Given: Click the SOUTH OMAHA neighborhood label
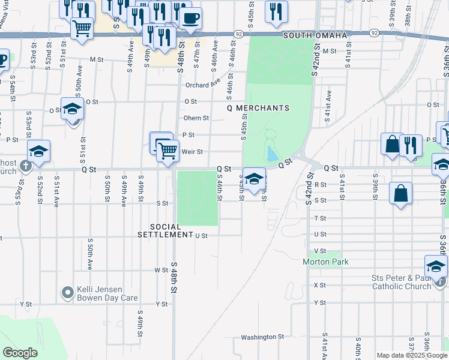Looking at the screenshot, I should coord(315,35).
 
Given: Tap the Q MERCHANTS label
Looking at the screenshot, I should coord(258,108).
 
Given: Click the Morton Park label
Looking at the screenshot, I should coord(325,262).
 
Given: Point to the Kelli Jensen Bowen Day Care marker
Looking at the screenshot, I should coord(68,293).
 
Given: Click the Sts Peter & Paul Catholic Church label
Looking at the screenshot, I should coord(401,282).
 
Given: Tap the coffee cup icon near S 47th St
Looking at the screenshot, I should coord(190,18).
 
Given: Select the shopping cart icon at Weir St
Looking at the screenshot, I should coord(168,150).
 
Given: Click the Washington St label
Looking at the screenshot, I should coord(262,337).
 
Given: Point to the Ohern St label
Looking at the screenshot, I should coord(197,118).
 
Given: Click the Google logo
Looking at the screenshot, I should coord(20,353).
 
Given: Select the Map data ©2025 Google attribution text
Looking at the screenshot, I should coord(411,355).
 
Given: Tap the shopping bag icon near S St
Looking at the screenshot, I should coord(400,194).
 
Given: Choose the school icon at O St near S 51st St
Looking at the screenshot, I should coord(72,110).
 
